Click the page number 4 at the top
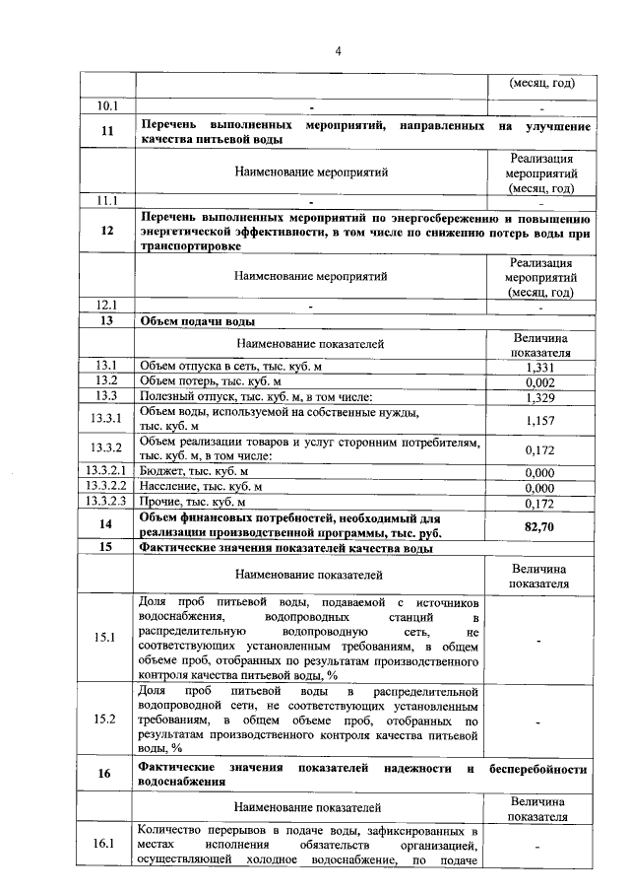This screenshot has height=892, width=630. click(x=337, y=51)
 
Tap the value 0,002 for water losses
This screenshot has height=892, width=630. click(x=538, y=381)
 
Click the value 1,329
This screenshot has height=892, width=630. click(x=538, y=397)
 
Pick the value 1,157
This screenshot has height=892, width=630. click(x=538, y=419)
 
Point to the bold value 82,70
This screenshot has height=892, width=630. click(x=538, y=526)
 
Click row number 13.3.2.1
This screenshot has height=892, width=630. click(x=105, y=471)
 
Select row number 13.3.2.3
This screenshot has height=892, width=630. click(x=105, y=502)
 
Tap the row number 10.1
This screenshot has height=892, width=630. click(x=105, y=105)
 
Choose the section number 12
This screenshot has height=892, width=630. click(x=105, y=231)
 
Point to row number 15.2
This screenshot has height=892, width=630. click(x=105, y=720)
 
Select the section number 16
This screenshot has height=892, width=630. click(x=105, y=775)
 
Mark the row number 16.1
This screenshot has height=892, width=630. click(x=105, y=845)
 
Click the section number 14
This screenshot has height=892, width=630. click(x=105, y=524)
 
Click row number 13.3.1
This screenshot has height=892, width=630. click(x=105, y=419)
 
